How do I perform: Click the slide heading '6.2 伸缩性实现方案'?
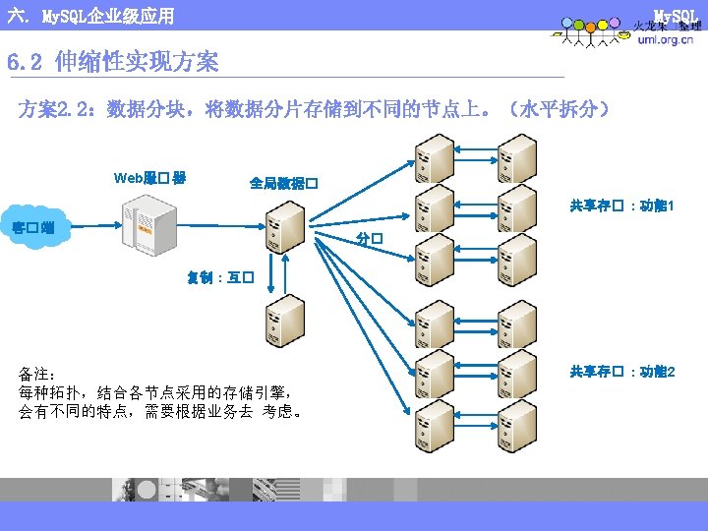pyautogui.click(x=112, y=63)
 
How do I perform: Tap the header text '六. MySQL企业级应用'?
pyautogui.click(x=89, y=16)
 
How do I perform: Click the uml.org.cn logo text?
pyautogui.click(x=665, y=40)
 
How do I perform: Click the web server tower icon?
pyautogui.click(x=149, y=224)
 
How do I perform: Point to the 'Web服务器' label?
pyautogui.click(x=150, y=178)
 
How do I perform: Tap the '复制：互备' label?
pyautogui.click(x=221, y=277)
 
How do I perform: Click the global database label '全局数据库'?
pyautogui.click(x=282, y=183)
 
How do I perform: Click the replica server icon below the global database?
pyautogui.click(x=285, y=321)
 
